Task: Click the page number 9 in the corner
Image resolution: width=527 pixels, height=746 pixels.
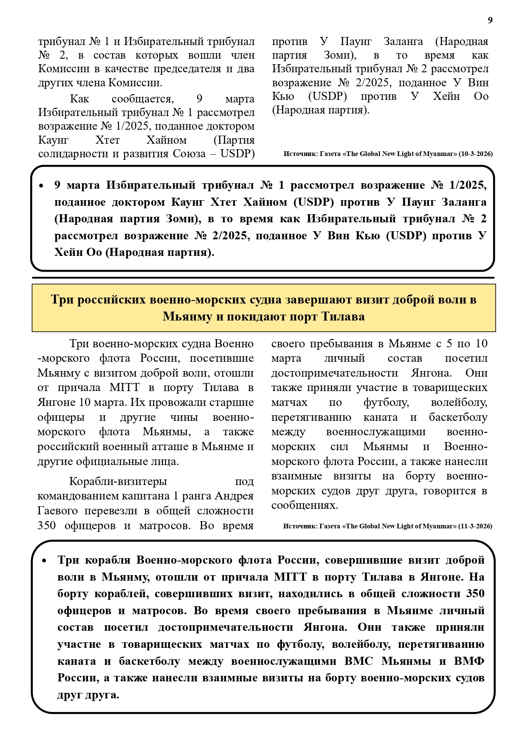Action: (490, 20)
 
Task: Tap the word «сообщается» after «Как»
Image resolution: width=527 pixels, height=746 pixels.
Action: (142, 99)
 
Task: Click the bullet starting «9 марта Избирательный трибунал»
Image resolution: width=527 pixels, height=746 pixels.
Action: (41, 186)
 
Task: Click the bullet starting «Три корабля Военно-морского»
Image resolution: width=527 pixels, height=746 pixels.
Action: (44, 561)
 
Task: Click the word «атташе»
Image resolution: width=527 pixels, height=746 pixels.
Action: (180, 446)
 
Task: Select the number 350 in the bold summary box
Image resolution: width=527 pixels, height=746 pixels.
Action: (475, 593)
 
